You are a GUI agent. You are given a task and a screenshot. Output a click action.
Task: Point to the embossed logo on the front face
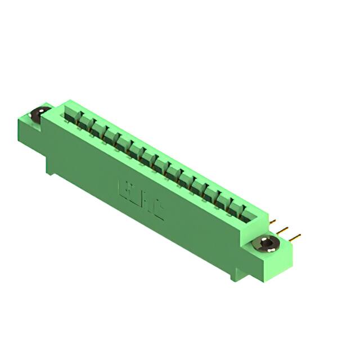[x=141, y=200]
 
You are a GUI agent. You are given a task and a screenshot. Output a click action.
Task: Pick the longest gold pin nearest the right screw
[x=294, y=236]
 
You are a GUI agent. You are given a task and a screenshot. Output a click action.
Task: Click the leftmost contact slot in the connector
[x=72, y=117]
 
